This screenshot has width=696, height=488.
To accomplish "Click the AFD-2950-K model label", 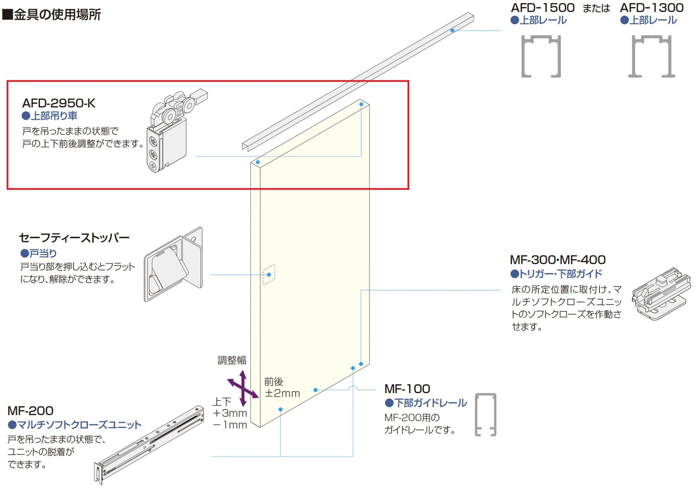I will (59, 103).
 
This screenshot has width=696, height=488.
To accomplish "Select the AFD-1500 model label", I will (542, 8).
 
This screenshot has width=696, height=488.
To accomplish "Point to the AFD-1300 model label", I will (652, 8).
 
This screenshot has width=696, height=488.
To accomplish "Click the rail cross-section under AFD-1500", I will (541, 56).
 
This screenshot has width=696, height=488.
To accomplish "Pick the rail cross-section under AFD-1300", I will (651, 56).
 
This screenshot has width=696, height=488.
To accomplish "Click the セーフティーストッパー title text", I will (74, 238).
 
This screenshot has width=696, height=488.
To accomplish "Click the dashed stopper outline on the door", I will (269, 275).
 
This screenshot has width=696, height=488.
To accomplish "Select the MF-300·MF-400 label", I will (558, 260).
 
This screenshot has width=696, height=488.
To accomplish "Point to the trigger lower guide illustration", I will (660, 294).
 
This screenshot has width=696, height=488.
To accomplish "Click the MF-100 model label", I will (407, 389).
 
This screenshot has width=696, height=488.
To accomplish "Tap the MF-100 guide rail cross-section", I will (485, 414).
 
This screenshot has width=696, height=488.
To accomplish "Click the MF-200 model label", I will (30, 411).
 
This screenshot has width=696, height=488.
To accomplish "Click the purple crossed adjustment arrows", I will (243, 388).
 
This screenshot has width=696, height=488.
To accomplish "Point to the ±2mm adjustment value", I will (282, 393).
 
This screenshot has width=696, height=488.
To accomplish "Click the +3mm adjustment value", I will (230, 413).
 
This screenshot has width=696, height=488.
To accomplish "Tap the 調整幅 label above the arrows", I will (232, 360).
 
